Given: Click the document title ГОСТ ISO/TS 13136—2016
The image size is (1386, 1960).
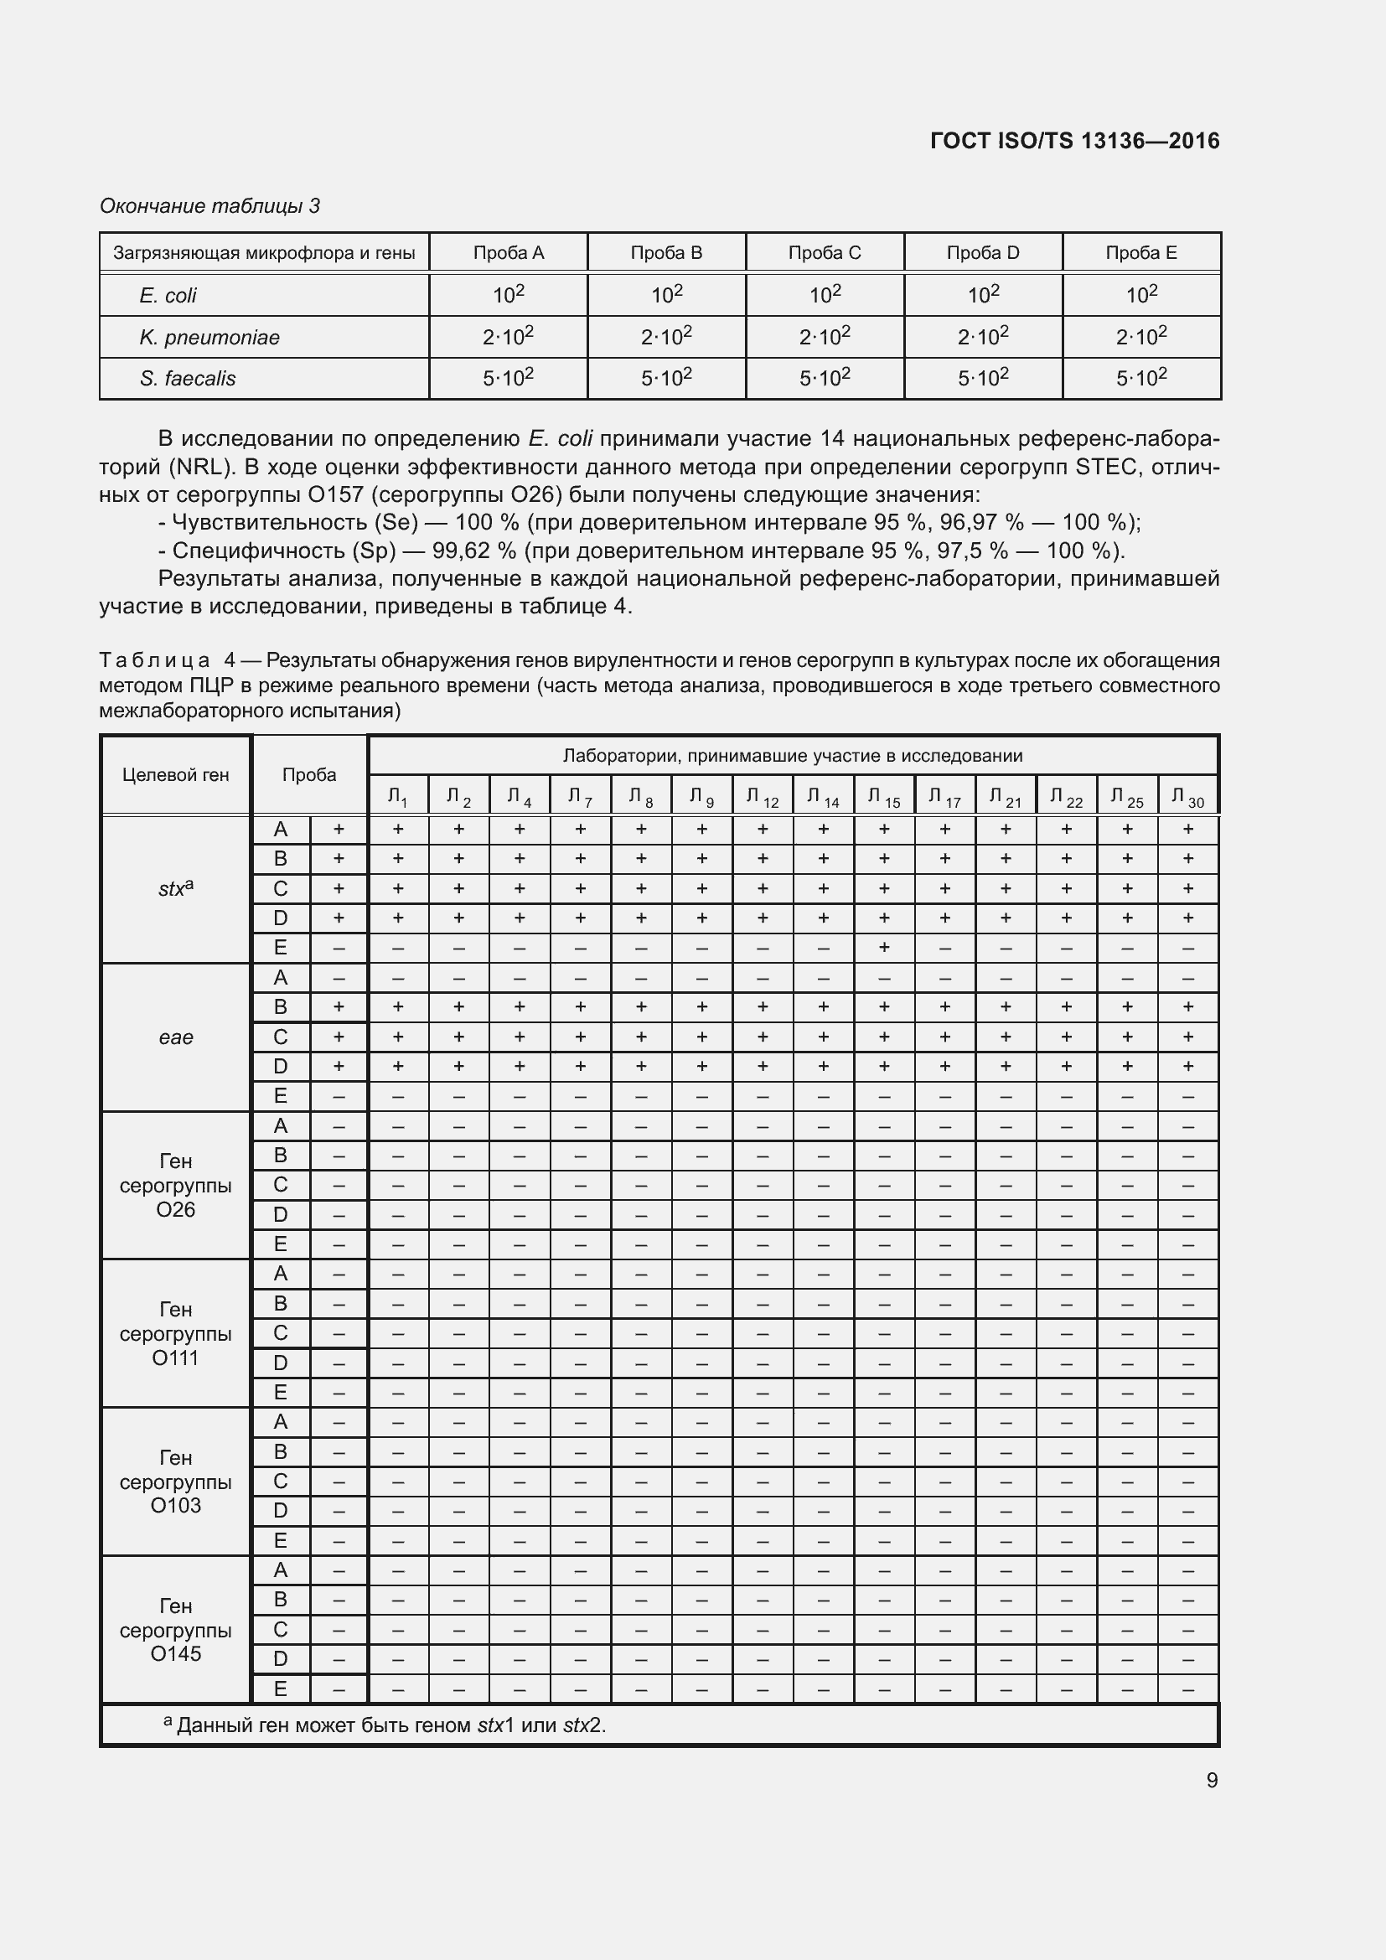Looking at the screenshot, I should click(1074, 141).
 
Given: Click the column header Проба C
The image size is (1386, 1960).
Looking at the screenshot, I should click(825, 253).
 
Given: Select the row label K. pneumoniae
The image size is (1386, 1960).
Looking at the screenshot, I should click(209, 337).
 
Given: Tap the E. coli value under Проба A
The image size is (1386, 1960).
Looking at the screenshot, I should click(508, 294).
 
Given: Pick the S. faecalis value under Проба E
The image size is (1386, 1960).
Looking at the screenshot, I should click(1141, 377).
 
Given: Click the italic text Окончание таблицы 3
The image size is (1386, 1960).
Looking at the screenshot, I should click(209, 206).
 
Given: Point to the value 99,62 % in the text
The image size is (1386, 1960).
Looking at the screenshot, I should click(468, 550).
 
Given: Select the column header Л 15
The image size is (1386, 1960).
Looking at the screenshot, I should click(883, 797).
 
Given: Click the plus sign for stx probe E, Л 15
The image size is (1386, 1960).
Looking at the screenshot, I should click(884, 947).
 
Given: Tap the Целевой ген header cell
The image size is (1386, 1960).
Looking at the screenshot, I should click(176, 774).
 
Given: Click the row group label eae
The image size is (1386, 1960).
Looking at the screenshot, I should click(176, 1037).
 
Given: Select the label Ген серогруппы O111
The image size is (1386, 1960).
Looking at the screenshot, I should click(176, 1333).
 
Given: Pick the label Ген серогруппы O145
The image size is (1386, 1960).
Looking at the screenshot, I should click(176, 1629).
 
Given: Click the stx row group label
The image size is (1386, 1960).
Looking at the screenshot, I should click(176, 888).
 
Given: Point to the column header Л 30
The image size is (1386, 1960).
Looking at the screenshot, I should click(1187, 797).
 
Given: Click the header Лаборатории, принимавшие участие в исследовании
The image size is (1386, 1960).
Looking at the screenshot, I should click(792, 756).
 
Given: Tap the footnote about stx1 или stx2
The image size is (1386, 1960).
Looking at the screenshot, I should click(384, 1725).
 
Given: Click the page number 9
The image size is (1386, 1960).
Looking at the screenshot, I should click(1211, 1780).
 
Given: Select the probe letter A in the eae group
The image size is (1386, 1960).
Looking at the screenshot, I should click(280, 977).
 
